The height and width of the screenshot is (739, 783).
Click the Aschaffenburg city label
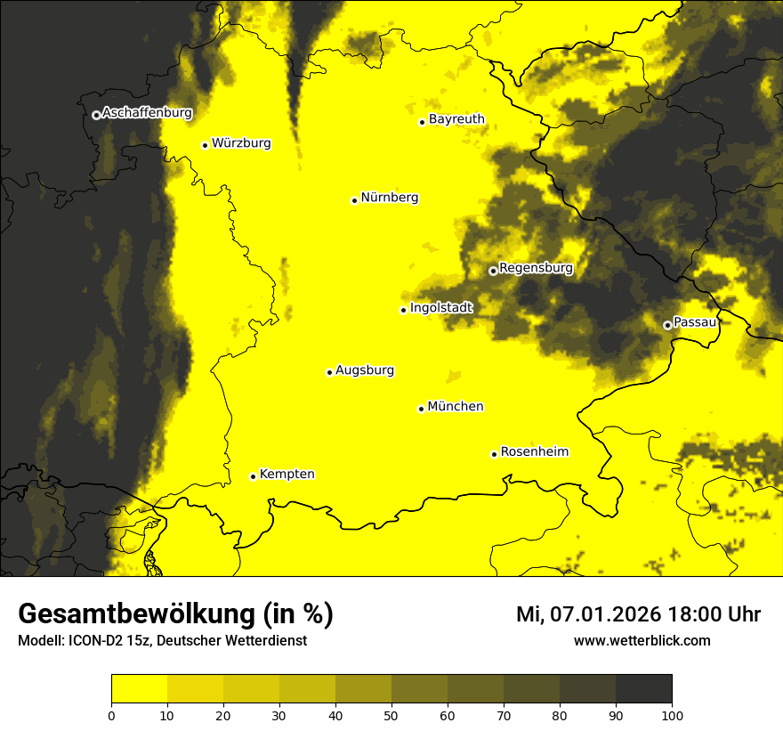coord(147,113)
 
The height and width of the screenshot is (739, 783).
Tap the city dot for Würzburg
coord(205,145)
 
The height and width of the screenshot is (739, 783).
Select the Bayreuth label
coord(456,119)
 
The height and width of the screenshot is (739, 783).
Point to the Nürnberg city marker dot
coord(354,200)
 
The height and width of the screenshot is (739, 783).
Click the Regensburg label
coord(536,268)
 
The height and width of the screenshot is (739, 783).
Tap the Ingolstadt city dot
coord(403,310)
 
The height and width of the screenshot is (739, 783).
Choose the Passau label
coord(695,322)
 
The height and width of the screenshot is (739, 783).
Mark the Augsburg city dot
coord(329,372)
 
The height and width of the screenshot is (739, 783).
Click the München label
coord(456,407)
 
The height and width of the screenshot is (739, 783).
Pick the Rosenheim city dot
coord(494,454)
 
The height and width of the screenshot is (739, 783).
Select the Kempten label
coord(287,475)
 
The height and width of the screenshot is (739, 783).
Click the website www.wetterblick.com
coord(642,640)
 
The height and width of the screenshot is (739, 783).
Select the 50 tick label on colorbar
coord(391,714)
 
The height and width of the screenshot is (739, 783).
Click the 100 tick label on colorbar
coord(672,714)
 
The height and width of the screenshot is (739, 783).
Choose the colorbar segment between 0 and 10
coord(139,689)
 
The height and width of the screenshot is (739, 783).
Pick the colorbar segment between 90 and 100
coord(643,689)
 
